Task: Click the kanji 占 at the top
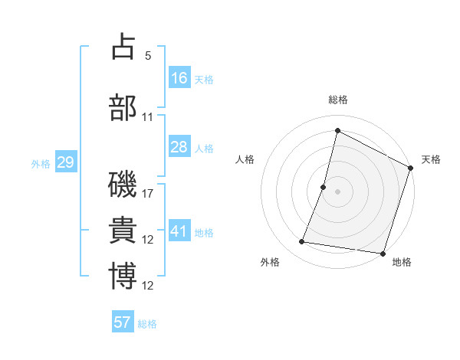click(x=123, y=48)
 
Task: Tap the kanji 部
click(x=123, y=108)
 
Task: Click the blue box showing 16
click(x=179, y=78)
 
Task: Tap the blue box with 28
click(x=179, y=147)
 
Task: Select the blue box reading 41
click(x=179, y=231)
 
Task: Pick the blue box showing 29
click(x=65, y=162)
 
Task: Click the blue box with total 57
click(x=123, y=322)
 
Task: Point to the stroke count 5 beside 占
click(x=148, y=56)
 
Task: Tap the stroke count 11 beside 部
click(x=148, y=117)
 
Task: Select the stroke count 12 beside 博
click(x=148, y=286)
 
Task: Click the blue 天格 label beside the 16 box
click(x=204, y=79)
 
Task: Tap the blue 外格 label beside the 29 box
click(x=41, y=163)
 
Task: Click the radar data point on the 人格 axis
click(x=324, y=187)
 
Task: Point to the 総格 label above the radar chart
click(x=338, y=100)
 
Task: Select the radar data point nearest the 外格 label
click(x=302, y=242)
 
